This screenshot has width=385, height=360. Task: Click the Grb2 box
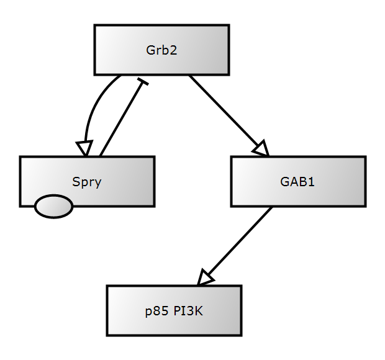pyautogui.click(x=124, y=50)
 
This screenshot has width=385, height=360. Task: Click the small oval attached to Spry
pyautogui.click(x=53, y=207)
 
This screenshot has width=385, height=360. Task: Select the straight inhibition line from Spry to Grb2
pyautogui.click(x=121, y=118)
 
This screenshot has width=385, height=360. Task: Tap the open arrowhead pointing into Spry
pyautogui.click(x=84, y=148)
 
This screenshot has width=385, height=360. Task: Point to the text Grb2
pyautogui.click(x=161, y=50)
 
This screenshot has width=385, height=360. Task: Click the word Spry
pyautogui.click(x=87, y=182)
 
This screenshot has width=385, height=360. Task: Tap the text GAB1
pyautogui.click(x=297, y=182)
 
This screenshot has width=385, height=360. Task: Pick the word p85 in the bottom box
pyautogui.click(x=155, y=312)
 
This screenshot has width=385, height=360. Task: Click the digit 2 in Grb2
pyautogui.click(x=174, y=50)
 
